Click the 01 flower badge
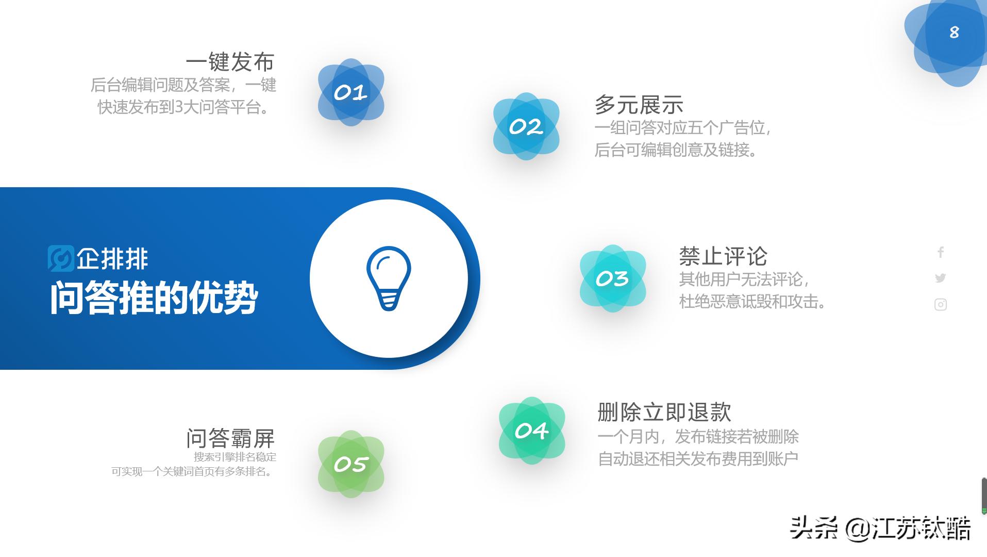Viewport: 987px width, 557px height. pyautogui.click(x=351, y=92)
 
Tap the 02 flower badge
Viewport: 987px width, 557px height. pyautogui.click(x=526, y=126)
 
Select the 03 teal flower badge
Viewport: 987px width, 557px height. pyautogui.click(x=613, y=278)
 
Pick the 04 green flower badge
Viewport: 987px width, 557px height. pyautogui.click(x=532, y=431)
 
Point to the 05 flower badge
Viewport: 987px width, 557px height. pyautogui.click(x=351, y=464)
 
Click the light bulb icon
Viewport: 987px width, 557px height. pyautogui.click(x=389, y=278)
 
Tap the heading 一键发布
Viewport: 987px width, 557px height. pyautogui.click(x=230, y=62)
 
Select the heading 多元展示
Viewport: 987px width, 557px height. pyautogui.click(x=639, y=105)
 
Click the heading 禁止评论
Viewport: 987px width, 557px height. pyautogui.click(x=723, y=256)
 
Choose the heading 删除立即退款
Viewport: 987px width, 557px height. pyautogui.click(x=664, y=412)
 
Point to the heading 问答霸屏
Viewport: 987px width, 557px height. pyautogui.click(x=230, y=438)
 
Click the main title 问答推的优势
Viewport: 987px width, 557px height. pyautogui.click(x=154, y=298)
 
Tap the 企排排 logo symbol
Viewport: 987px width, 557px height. pyautogui.click(x=61, y=258)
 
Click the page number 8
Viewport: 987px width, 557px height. pyautogui.click(x=954, y=32)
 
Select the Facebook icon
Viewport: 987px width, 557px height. pyautogui.click(x=941, y=252)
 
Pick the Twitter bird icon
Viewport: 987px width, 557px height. pyautogui.click(x=941, y=278)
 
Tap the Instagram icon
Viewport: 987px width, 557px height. pyautogui.click(x=941, y=305)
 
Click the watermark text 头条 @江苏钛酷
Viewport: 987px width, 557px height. pyautogui.click(x=880, y=529)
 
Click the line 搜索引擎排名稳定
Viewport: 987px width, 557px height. pyautogui.click(x=235, y=457)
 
